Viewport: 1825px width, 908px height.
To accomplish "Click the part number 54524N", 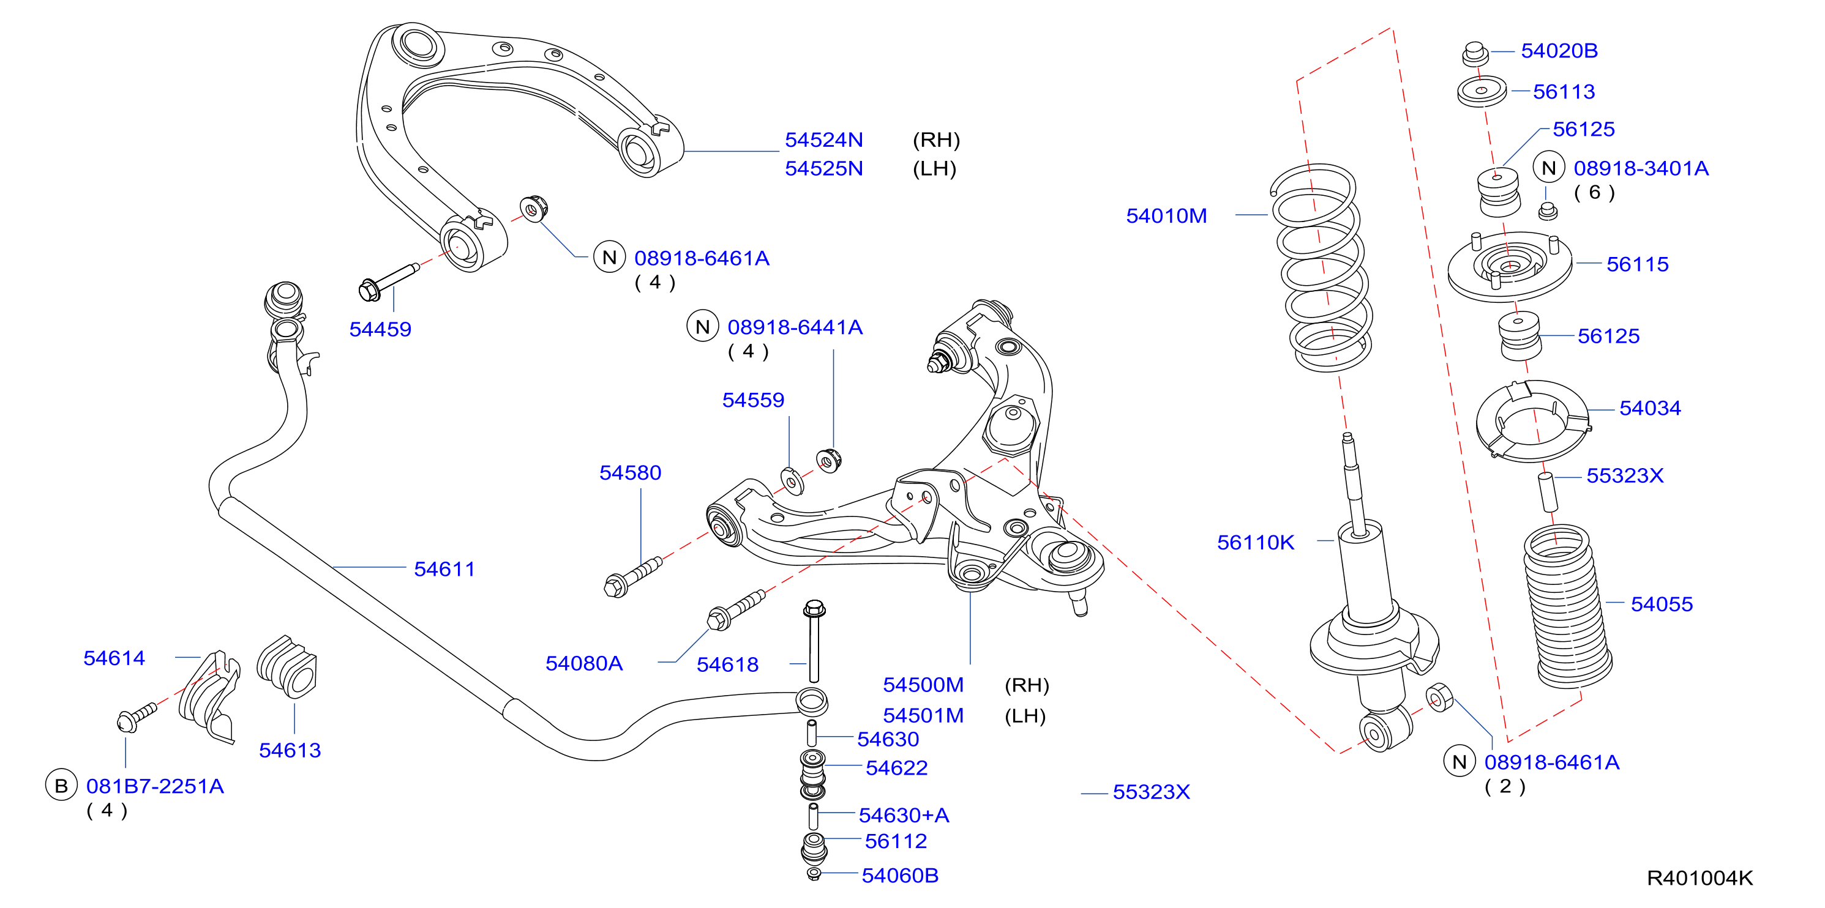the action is (823, 140).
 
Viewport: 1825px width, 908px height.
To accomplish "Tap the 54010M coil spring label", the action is (1166, 215).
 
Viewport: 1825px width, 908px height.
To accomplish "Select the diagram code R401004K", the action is (1699, 878).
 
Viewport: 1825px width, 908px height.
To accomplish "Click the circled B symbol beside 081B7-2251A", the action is (61, 786).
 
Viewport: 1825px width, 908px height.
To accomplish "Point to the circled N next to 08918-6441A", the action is (702, 327).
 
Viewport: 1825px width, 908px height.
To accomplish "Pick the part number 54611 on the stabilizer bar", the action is (444, 569).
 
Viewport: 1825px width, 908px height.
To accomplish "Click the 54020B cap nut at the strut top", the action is (1475, 54).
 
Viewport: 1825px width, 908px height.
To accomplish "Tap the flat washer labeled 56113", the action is (1482, 91).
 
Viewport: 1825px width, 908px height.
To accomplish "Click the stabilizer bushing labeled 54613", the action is (288, 666).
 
